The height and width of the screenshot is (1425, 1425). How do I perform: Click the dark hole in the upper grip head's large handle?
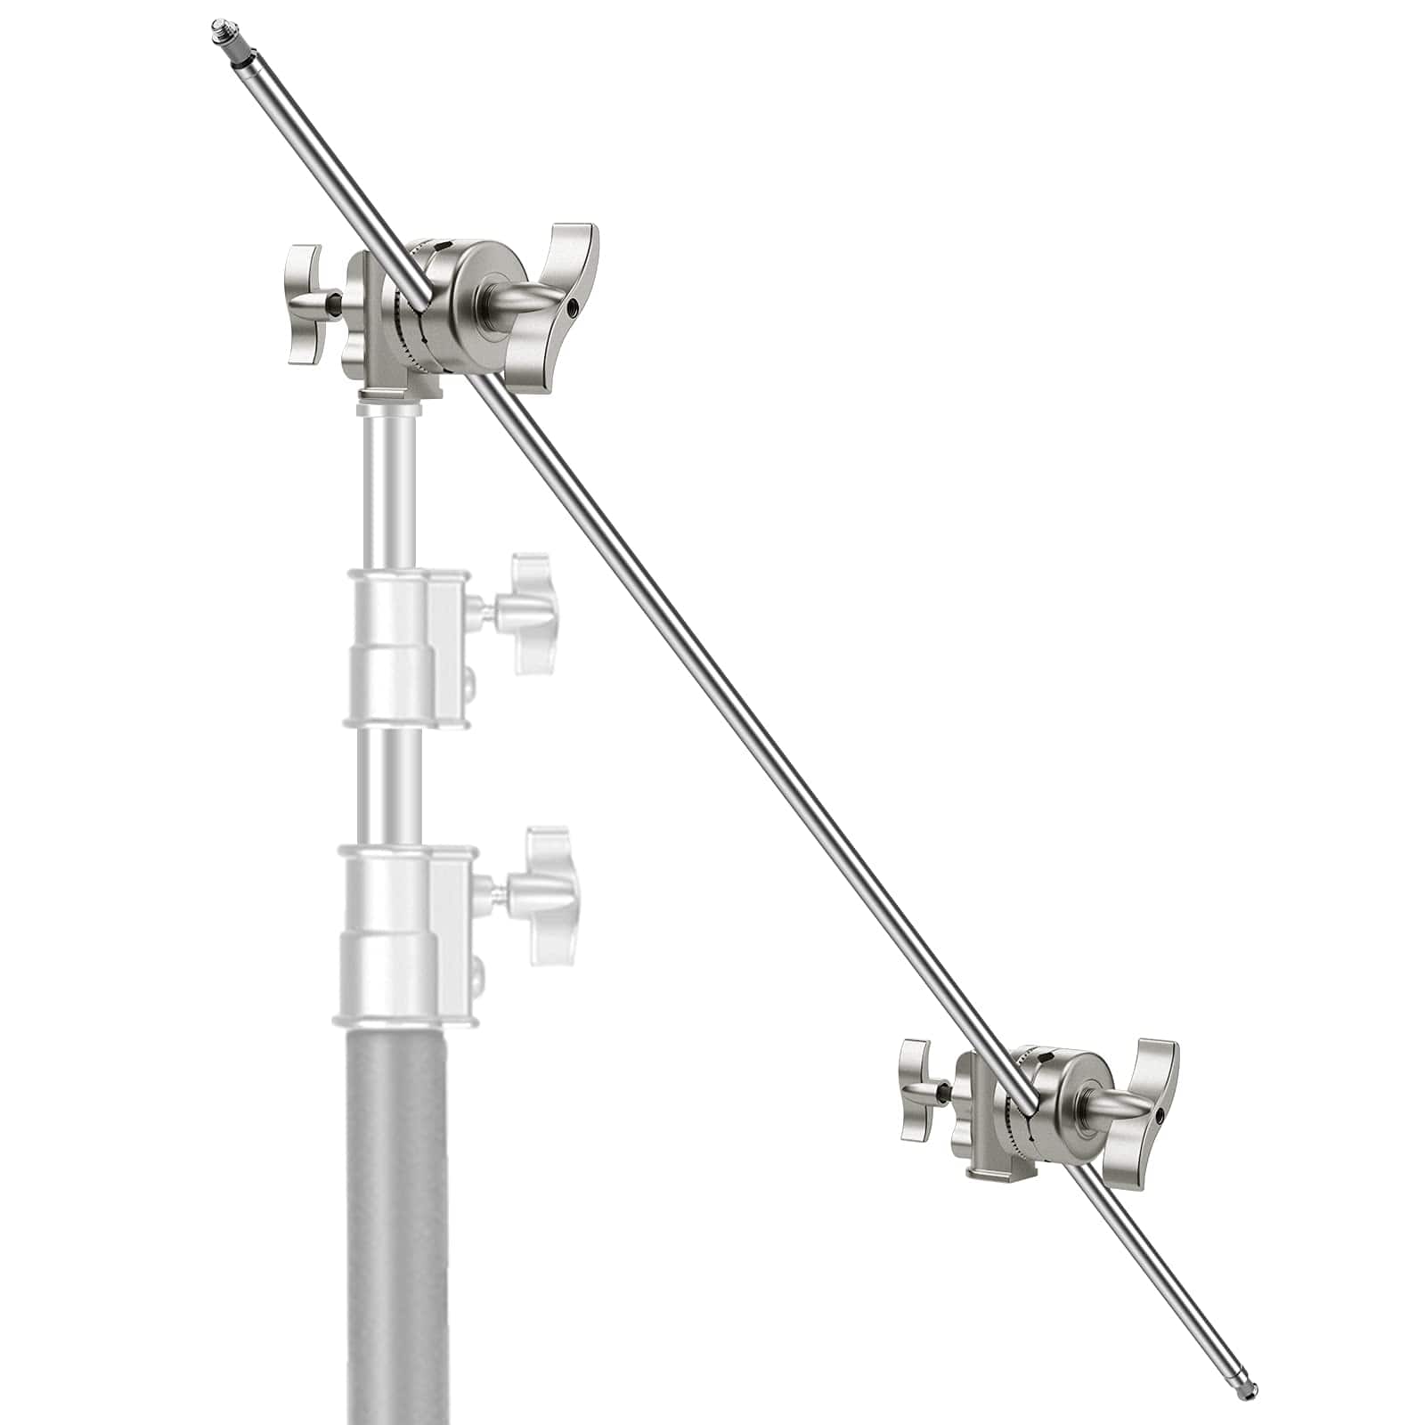pyautogui.click(x=573, y=309)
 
